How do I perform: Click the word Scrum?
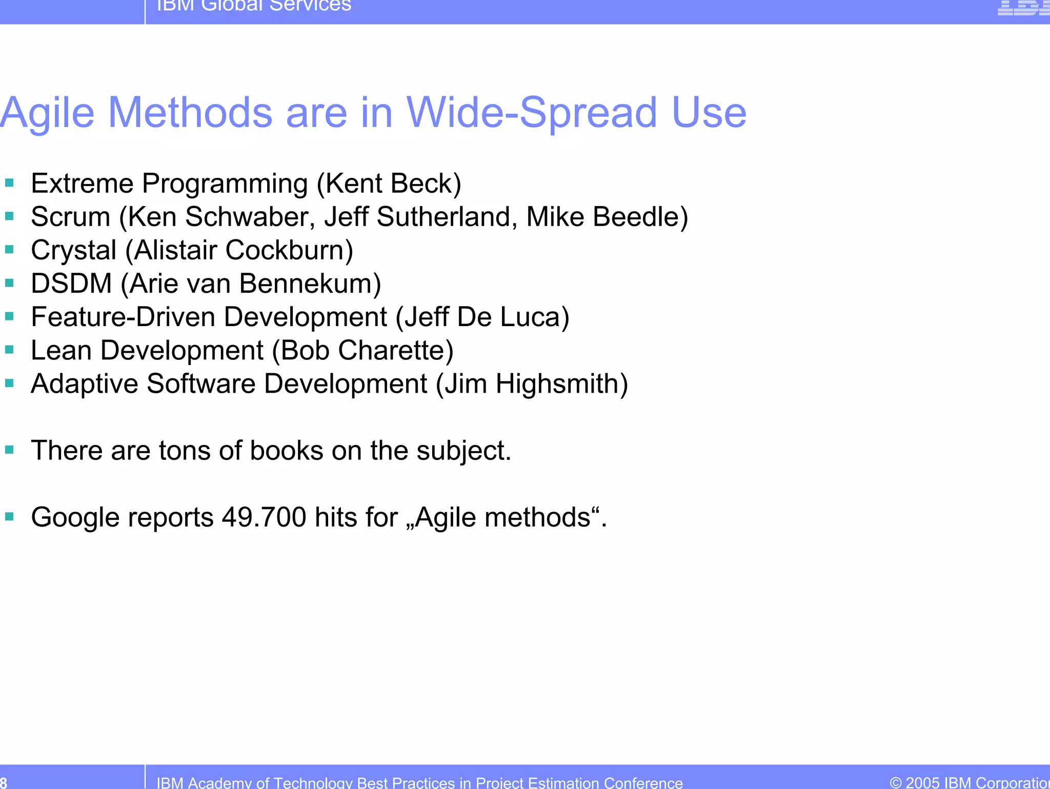coord(70,217)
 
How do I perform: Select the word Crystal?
coord(73,250)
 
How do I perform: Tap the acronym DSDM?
coord(71,284)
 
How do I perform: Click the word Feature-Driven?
coord(123,317)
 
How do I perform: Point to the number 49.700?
coord(264,517)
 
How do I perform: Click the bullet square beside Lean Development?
coord(9,350)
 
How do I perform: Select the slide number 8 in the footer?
coord(4,782)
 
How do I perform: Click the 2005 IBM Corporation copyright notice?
coord(969,782)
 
